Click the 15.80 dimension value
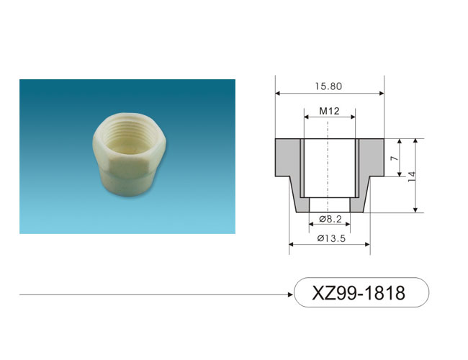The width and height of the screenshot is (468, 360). click(328, 86)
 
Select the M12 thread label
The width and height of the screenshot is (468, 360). click(330, 111)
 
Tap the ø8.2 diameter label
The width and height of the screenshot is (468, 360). click(330, 219)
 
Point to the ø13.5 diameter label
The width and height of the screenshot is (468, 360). click(331, 238)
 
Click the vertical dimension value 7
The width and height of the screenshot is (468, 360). click(395, 158)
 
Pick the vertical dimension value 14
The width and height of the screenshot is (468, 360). click(411, 177)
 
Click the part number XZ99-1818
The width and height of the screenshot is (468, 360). click(359, 293)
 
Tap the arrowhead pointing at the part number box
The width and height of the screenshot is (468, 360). click(291, 294)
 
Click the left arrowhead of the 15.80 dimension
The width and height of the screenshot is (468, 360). click(278, 94)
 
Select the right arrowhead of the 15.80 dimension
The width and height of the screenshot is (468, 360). click(382, 94)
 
